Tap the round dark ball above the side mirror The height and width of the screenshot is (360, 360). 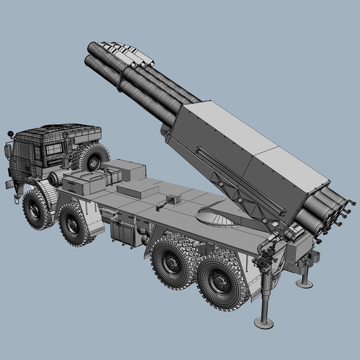click(9, 134)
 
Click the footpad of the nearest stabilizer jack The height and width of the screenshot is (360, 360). click(264, 321)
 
